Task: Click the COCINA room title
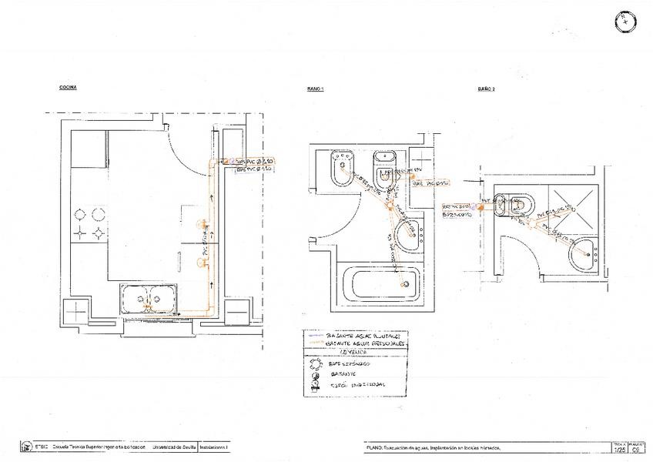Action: pos(68,88)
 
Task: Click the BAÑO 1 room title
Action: pos(315,89)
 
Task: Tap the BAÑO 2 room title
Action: pos(486,89)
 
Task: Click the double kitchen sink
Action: pos(150,297)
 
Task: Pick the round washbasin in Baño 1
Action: pos(407,233)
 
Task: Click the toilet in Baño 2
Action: pos(513,206)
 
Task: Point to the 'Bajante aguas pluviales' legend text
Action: pos(360,336)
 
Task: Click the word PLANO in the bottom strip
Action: pos(374,447)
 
